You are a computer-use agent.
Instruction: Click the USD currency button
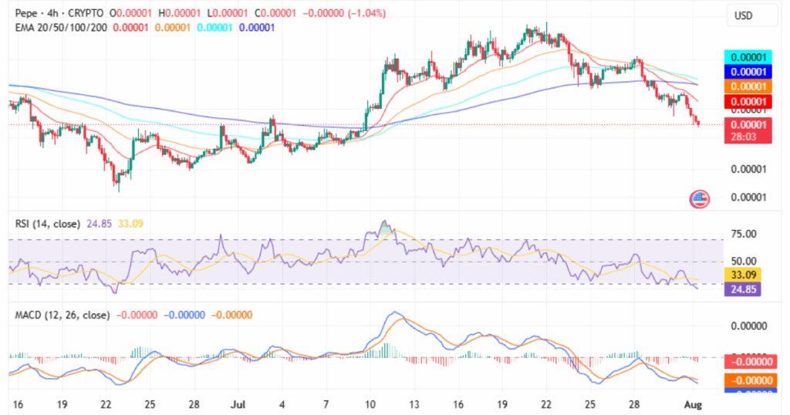click(x=745, y=15)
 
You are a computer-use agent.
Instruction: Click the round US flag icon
click(x=700, y=199)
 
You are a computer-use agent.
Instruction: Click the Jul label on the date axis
click(x=236, y=403)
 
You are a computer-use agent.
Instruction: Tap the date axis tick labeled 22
click(x=106, y=403)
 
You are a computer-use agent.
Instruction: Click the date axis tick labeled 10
click(x=370, y=403)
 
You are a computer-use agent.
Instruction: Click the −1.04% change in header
click(x=362, y=14)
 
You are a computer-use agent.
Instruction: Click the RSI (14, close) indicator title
click(x=46, y=224)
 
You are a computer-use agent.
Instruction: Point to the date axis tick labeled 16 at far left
click(x=17, y=403)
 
